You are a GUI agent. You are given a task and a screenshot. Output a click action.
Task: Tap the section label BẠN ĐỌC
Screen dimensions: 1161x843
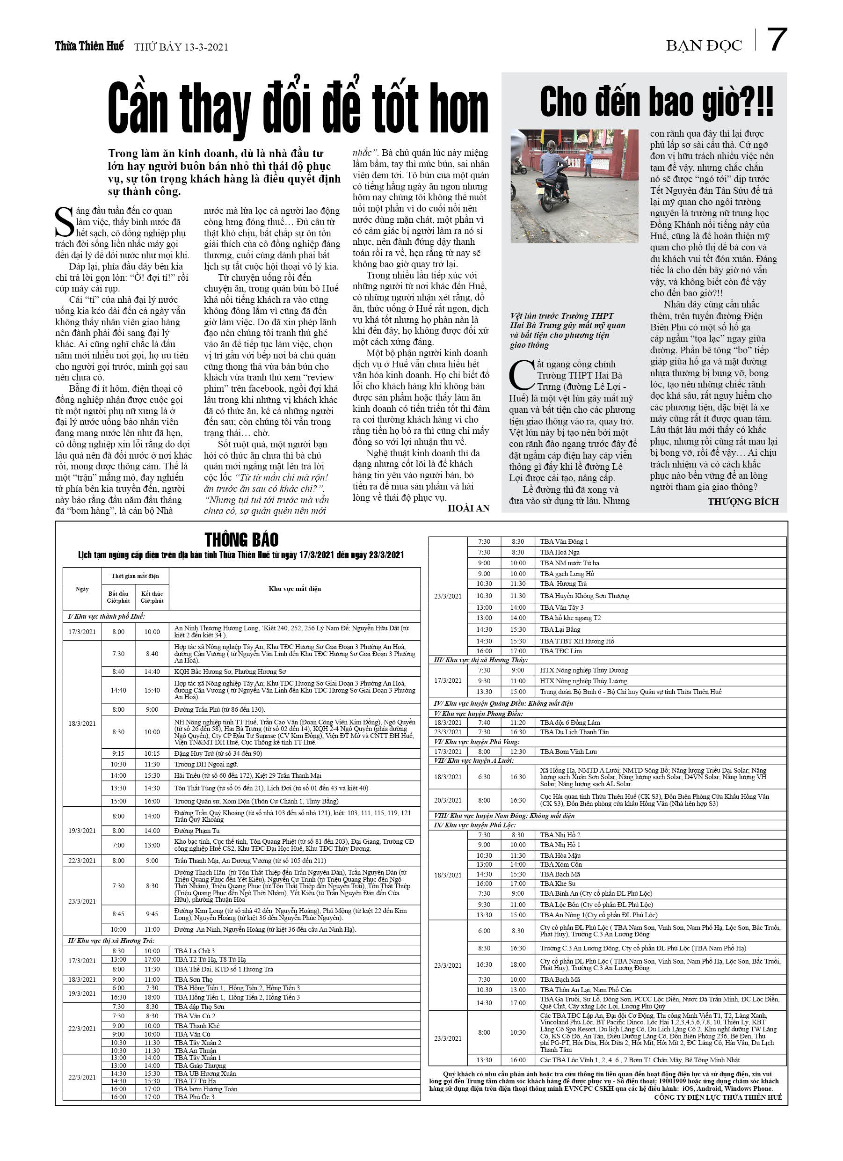tap(703, 46)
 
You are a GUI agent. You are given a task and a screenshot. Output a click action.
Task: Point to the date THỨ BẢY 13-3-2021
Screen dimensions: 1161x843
tap(181, 47)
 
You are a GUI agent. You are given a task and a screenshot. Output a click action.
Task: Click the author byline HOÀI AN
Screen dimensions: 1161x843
tap(468, 508)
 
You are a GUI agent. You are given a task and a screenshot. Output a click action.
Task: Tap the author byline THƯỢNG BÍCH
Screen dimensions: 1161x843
tap(743, 502)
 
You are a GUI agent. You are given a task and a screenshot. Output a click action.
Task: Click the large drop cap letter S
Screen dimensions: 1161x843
tap(64, 222)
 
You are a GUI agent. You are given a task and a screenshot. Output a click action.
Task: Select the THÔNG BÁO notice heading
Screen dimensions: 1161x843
tap(241, 540)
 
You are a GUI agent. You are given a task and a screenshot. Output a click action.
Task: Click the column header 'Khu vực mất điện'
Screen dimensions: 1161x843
tap(294, 589)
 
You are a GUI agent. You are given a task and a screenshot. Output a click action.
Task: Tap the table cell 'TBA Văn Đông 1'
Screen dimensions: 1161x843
tap(564, 541)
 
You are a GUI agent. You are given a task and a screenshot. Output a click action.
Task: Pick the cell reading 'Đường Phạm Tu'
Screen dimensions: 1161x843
tap(196, 830)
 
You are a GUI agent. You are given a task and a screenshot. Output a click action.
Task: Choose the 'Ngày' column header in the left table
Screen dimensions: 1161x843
tap(82, 589)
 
